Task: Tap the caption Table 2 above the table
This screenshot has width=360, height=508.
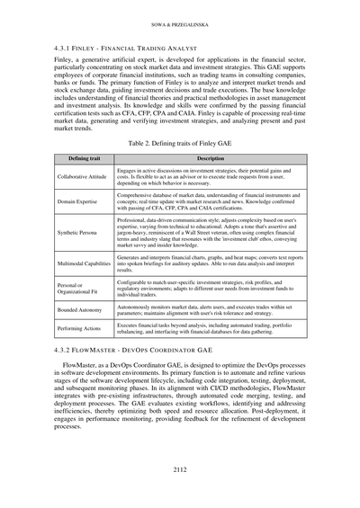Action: pyautogui.click(x=180, y=142)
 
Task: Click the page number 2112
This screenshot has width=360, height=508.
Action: pyautogui.click(x=180, y=468)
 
